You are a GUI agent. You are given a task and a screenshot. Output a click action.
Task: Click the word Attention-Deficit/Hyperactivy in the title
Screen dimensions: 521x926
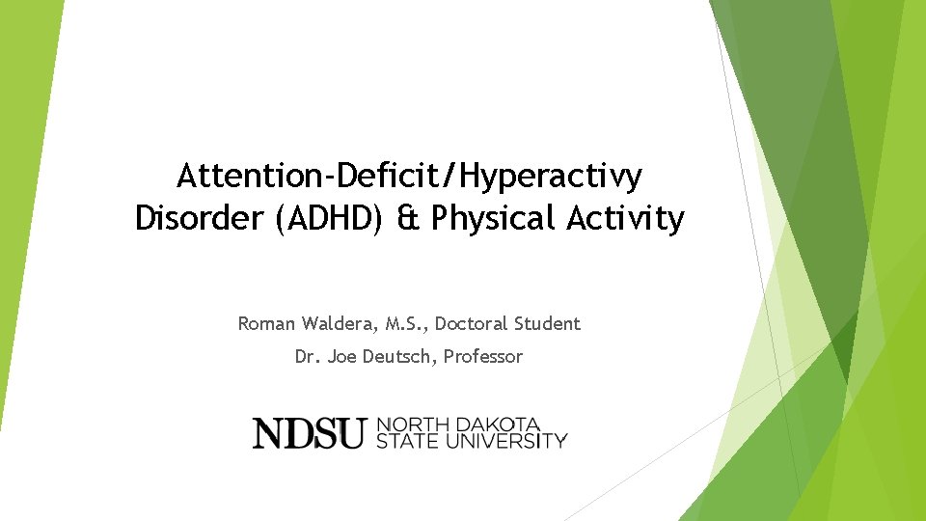410,177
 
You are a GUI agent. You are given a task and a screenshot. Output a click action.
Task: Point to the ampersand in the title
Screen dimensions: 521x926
409,219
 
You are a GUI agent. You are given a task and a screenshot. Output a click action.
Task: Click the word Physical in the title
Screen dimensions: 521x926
492,219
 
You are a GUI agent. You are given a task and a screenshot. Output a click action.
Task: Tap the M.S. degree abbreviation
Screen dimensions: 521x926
400,324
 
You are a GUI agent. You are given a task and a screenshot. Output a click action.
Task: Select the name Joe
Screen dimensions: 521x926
342,357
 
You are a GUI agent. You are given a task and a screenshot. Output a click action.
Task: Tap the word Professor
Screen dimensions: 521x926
483,357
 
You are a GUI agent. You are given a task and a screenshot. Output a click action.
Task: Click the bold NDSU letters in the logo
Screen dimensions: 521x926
309,433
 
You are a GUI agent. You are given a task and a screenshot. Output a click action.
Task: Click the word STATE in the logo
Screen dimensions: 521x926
405,441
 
